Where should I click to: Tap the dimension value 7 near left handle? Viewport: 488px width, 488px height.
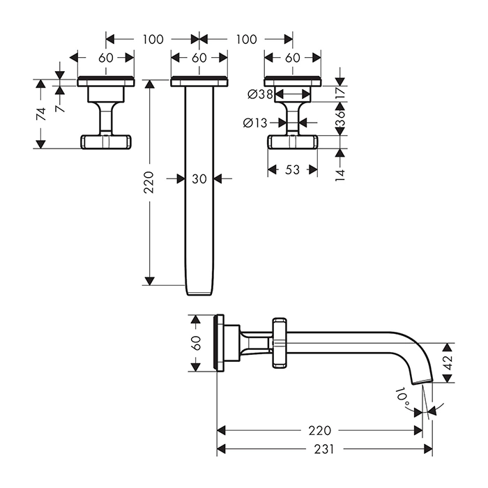[61, 107]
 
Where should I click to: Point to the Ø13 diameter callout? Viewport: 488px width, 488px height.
[256, 123]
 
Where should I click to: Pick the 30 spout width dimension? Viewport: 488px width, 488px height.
[199, 179]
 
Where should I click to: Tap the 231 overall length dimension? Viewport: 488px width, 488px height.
[322, 450]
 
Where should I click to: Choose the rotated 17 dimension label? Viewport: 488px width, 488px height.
[340, 92]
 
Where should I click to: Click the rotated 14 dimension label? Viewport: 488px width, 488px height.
[340, 174]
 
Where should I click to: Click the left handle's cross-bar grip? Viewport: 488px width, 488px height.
[106, 142]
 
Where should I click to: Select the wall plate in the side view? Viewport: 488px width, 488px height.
[221, 343]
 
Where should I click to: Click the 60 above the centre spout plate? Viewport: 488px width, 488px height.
[199, 58]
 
